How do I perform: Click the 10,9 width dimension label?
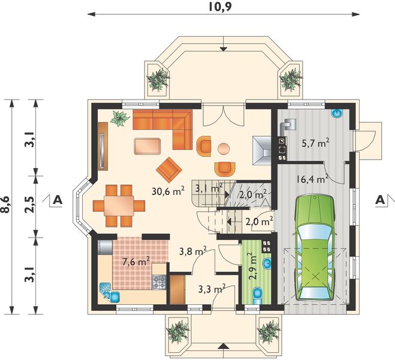point(219,7)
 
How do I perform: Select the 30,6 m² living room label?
point(168,191)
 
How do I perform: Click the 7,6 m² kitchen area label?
point(136,262)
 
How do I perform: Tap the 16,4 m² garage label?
point(312,179)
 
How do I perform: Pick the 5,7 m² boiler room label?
point(316,143)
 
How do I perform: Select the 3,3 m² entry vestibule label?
point(212,289)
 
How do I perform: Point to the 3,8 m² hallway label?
point(193,251)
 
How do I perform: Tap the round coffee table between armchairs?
point(224,149)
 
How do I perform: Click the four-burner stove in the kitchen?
point(159,282)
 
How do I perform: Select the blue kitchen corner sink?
point(110,293)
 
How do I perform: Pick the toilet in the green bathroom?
point(257,295)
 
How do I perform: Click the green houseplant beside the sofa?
point(120,118)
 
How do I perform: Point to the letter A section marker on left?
point(58,200)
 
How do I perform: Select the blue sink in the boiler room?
point(337,113)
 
